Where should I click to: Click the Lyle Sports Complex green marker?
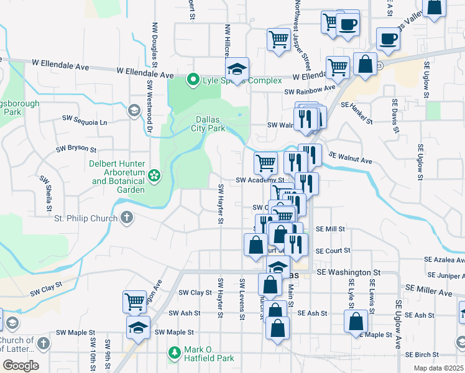click(x=193, y=80)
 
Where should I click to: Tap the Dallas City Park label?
click(x=208, y=124)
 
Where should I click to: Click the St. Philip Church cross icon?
click(x=127, y=218)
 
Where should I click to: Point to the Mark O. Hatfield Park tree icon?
click(x=175, y=353)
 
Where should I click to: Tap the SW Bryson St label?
click(x=76, y=149)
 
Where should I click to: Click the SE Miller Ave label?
click(x=430, y=291)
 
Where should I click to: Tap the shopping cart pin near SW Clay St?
click(x=134, y=302)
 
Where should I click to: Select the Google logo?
click(x=20, y=366)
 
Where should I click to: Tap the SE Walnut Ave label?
click(x=350, y=158)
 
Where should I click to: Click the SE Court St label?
click(x=333, y=251)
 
